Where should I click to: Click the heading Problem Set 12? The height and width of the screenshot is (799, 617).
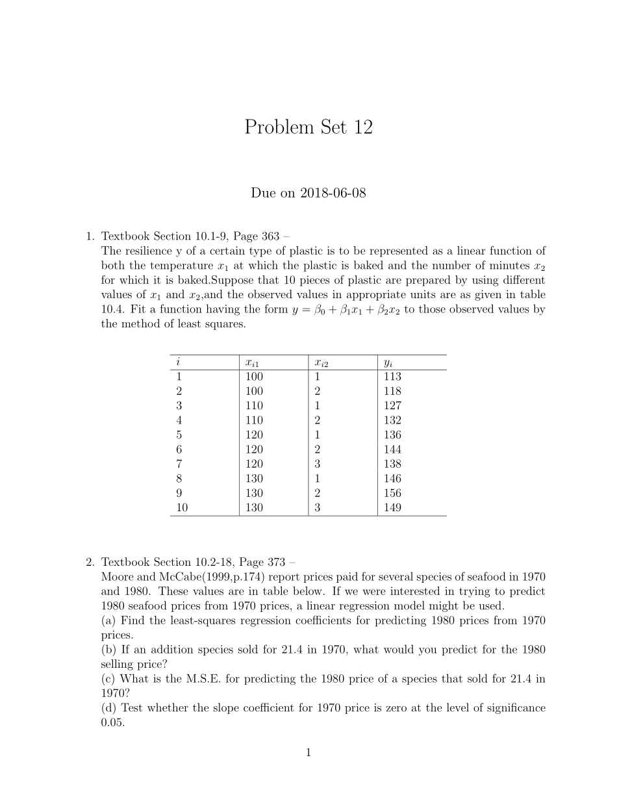tap(308, 127)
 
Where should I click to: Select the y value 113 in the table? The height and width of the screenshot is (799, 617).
tap(392, 377)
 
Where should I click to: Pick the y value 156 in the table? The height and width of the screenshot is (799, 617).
tap(392, 494)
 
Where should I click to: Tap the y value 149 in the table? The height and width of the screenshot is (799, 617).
tap(392, 508)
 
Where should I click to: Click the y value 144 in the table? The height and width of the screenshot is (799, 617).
tap(392, 450)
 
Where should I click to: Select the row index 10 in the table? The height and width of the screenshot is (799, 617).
tap(182, 508)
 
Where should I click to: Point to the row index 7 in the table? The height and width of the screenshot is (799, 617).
tap(179, 464)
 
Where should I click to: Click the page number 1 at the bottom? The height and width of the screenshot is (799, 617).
tap(308, 754)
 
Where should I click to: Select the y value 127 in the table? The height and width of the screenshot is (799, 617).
tap(392, 406)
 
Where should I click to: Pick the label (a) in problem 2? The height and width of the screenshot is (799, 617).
tap(110, 620)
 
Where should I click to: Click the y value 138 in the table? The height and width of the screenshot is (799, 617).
tap(392, 464)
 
